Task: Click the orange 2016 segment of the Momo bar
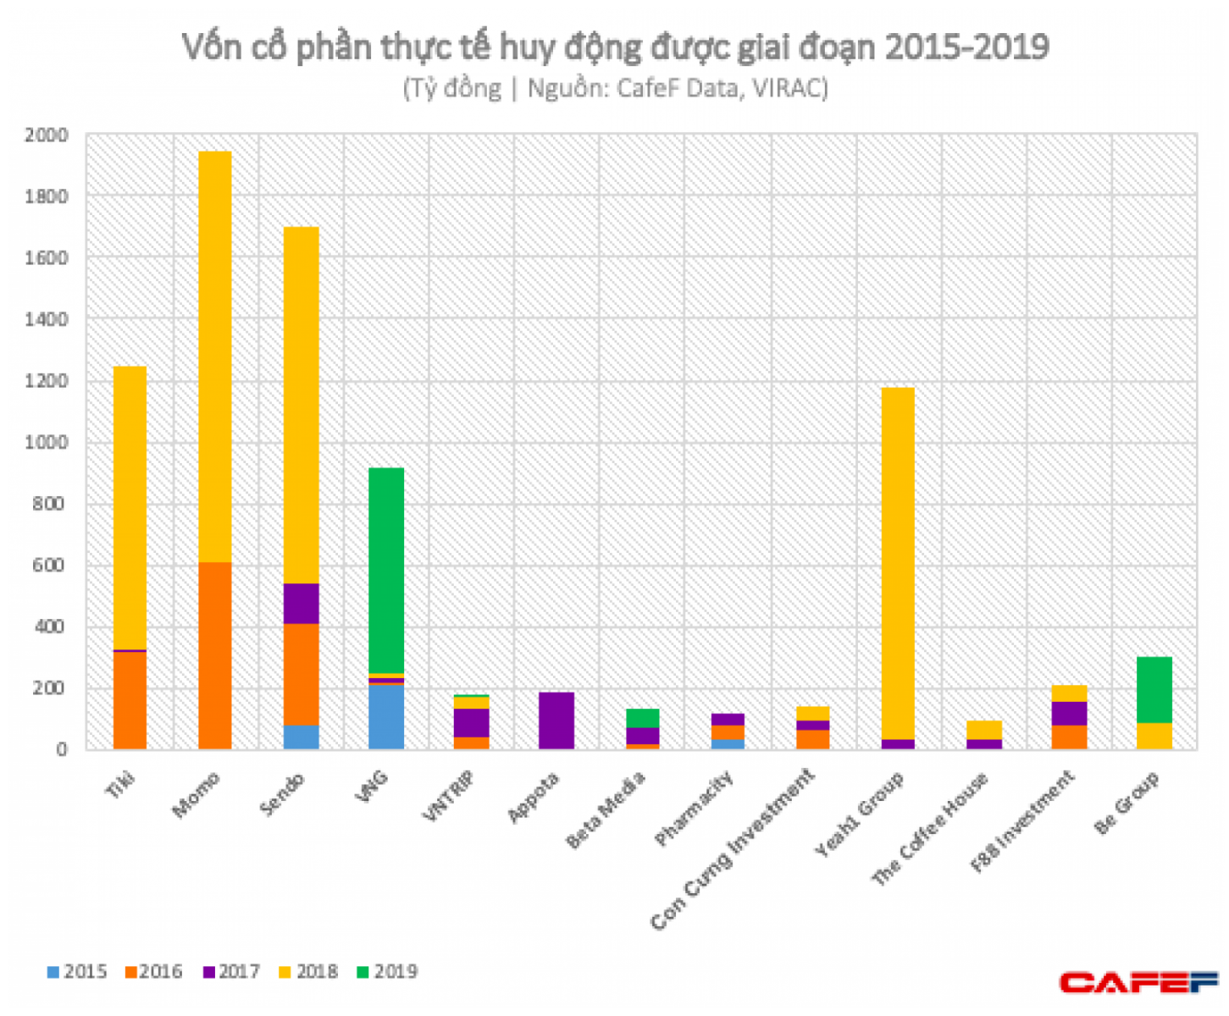[x=215, y=655]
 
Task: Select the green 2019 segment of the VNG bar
[x=386, y=570]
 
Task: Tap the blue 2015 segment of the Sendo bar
[x=302, y=737]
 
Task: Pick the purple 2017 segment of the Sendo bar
[x=302, y=604]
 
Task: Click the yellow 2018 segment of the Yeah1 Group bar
[x=898, y=563]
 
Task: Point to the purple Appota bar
[x=556, y=721]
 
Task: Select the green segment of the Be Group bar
[x=1154, y=689]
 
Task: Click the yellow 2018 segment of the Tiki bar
[x=130, y=508]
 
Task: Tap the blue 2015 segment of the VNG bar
[x=386, y=717]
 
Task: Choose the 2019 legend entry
[x=387, y=971]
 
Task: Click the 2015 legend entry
[x=77, y=971]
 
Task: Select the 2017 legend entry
[x=231, y=971]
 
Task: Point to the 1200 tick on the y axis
[x=46, y=380]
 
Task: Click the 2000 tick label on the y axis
[x=46, y=135]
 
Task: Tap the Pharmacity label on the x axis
[x=695, y=809]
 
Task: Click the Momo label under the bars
[x=196, y=795]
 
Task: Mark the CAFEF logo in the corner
[x=1138, y=982]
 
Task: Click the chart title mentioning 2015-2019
[x=615, y=47]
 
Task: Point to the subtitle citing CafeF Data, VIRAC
[x=615, y=88]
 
